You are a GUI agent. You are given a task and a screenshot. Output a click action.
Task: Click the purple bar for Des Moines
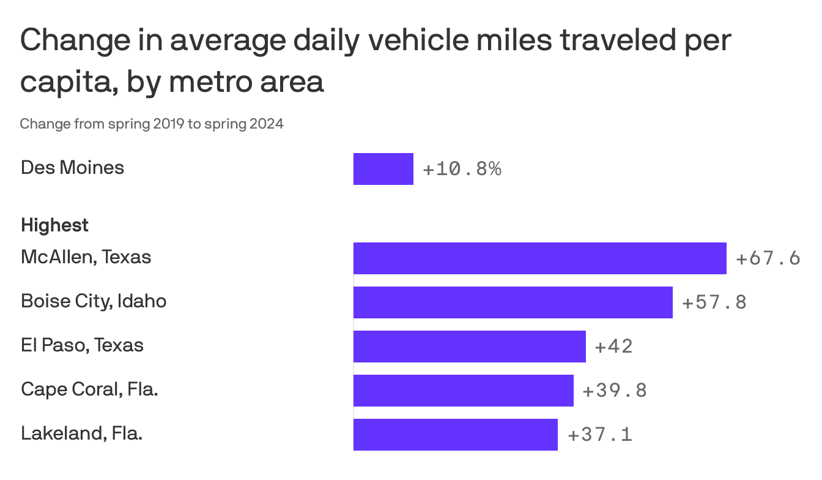click(383, 169)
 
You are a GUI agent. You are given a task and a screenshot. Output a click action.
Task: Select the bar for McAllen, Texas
click(539, 258)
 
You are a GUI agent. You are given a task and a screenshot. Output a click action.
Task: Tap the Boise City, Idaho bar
click(513, 302)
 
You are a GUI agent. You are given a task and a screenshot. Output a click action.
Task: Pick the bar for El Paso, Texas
click(469, 347)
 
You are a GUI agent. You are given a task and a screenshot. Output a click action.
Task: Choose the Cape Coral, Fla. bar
click(463, 391)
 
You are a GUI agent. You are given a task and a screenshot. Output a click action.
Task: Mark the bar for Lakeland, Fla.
click(455, 435)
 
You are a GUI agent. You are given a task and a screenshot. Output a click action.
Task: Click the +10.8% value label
click(462, 169)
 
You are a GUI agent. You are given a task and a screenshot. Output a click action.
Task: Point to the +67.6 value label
click(768, 258)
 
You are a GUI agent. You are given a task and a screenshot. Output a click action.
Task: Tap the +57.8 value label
click(714, 302)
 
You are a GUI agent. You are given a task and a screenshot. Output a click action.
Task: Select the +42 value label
click(613, 347)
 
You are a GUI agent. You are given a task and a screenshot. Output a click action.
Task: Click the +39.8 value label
click(615, 391)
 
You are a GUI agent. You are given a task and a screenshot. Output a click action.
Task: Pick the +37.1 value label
click(599, 435)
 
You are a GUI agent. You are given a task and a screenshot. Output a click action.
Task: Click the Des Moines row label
click(72, 168)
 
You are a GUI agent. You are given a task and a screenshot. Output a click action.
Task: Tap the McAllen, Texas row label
click(86, 257)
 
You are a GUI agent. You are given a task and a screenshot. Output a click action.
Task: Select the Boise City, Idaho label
click(94, 301)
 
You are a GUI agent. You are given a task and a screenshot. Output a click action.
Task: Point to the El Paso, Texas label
click(82, 345)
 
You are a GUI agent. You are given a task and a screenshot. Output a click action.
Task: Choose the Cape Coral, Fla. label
click(89, 389)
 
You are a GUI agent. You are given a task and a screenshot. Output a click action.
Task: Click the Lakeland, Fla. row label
click(81, 433)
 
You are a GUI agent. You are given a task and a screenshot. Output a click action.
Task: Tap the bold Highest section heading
click(54, 225)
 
